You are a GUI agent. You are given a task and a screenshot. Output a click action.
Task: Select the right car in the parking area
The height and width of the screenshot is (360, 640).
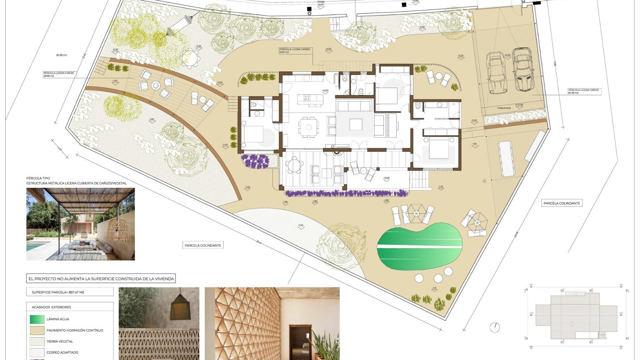point(523,69)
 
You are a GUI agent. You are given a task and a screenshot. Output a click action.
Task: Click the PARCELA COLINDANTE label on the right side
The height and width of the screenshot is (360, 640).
point(562,203)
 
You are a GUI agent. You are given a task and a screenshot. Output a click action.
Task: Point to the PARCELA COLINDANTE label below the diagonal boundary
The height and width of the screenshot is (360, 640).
point(203,245)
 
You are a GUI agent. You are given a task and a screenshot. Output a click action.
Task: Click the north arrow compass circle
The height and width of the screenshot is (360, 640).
point(495,327)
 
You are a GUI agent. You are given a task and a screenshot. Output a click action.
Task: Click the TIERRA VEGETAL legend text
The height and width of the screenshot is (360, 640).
point(60,341)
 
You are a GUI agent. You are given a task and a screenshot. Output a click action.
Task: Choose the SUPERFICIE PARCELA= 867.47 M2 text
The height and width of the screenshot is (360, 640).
point(58,292)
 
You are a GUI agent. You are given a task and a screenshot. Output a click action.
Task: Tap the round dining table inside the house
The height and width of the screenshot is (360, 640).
point(309,127)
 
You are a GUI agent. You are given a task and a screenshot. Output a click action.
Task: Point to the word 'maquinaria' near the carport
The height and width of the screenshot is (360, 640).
point(504,108)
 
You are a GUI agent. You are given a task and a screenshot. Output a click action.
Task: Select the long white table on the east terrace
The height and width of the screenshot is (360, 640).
point(506,159)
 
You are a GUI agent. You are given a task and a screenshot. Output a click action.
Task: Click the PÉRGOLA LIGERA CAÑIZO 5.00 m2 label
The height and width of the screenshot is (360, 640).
point(295,51)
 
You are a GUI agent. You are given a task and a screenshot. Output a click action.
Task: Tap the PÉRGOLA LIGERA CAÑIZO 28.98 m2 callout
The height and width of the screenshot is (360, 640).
point(59,74)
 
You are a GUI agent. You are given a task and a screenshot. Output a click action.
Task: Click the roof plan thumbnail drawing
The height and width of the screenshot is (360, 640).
point(576,316)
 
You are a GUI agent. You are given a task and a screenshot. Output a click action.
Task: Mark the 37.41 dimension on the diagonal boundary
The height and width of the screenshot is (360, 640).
point(259,242)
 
